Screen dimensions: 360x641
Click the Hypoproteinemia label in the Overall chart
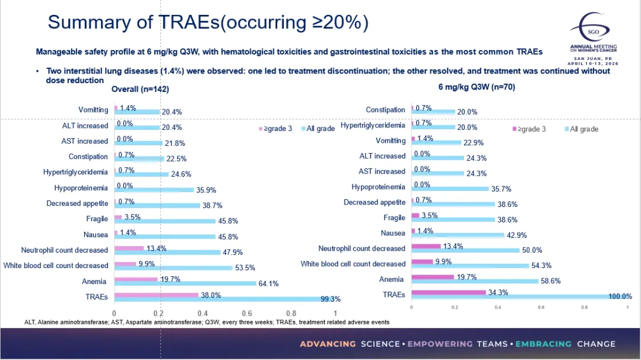81,188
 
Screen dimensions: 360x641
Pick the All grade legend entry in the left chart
318,129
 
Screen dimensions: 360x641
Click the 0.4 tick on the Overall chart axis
203,313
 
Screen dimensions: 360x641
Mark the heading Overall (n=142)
141,90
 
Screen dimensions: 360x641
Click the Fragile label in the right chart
394,218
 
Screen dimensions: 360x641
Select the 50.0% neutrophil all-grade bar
465,250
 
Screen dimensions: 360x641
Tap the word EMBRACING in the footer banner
543,344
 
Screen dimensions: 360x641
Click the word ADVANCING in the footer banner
328,344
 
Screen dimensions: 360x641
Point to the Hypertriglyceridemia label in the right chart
373,125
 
